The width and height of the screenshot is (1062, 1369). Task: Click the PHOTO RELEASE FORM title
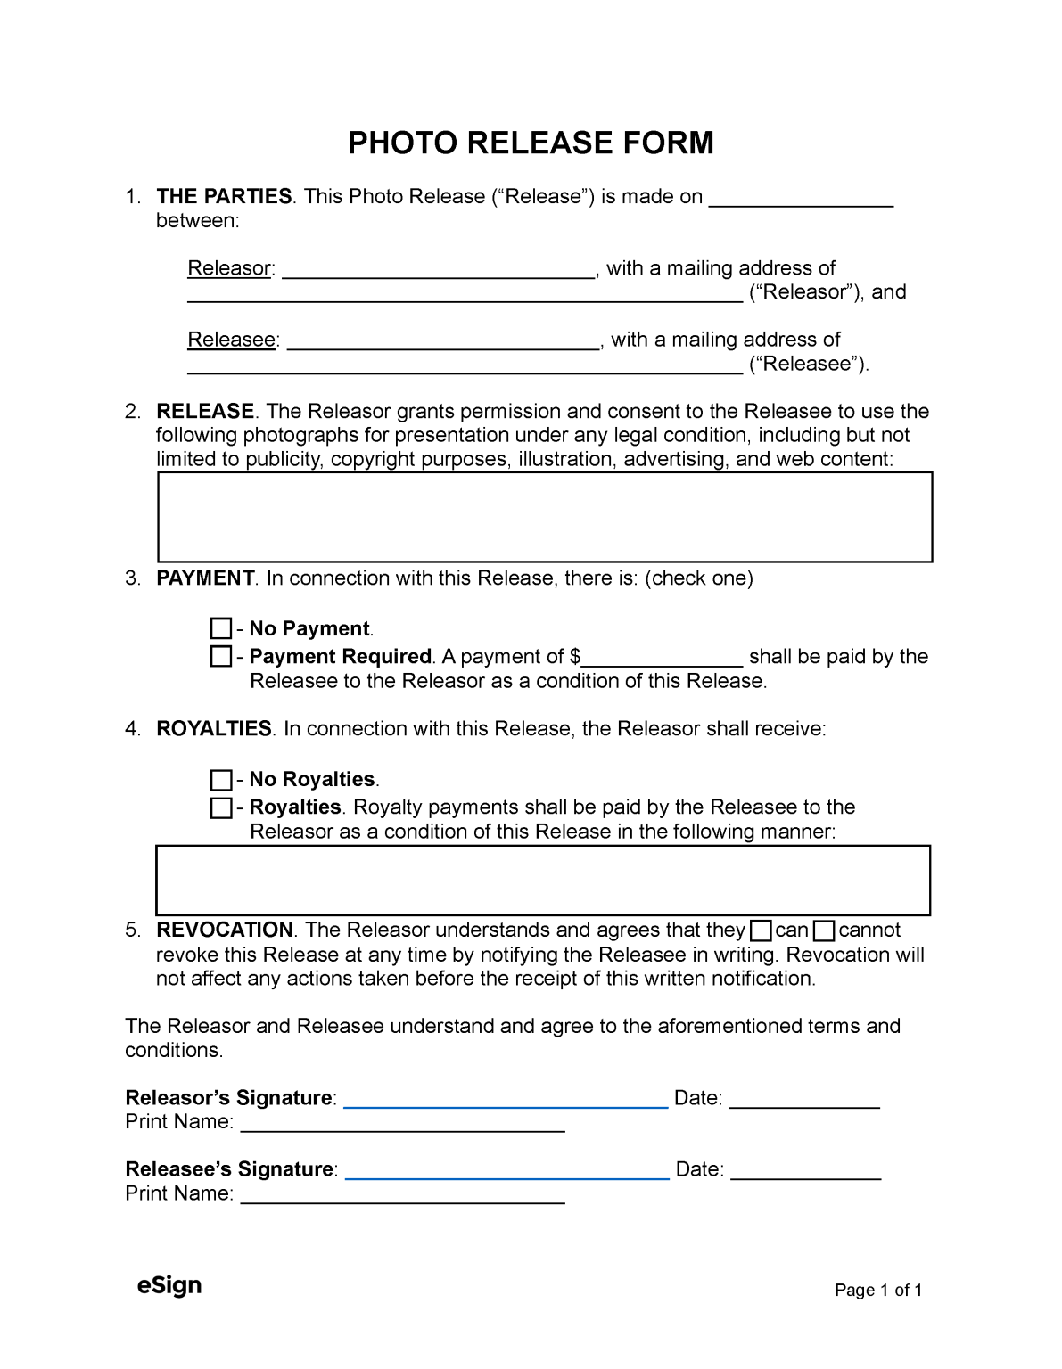pyautogui.click(x=531, y=143)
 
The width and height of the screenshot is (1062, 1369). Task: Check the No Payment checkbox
pyautogui.click(x=220, y=629)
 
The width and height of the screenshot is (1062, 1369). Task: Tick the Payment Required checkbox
pyautogui.click(x=220, y=657)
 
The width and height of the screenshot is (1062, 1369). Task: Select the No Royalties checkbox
pyautogui.click(x=220, y=780)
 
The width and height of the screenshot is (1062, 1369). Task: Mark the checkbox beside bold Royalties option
pyautogui.click(x=220, y=807)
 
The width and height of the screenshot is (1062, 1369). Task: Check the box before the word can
pyautogui.click(x=761, y=931)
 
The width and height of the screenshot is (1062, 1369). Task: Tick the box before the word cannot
pyautogui.click(x=825, y=931)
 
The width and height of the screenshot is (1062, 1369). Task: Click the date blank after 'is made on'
pyautogui.click(x=801, y=200)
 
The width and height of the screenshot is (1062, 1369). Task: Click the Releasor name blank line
pyautogui.click(x=439, y=272)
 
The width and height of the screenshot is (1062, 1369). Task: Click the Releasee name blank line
pyautogui.click(x=444, y=343)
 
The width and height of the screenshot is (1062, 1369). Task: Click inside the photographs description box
pyautogui.click(x=545, y=517)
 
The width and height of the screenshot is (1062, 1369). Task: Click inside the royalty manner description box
pyautogui.click(x=543, y=880)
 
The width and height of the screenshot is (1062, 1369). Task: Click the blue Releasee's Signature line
pyautogui.click(x=506, y=1172)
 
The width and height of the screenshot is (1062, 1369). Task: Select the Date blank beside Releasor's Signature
pyautogui.click(x=805, y=1101)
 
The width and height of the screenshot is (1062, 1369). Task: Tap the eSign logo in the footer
pyautogui.click(x=169, y=1285)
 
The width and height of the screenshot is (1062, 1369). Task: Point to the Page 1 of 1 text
pyautogui.click(x=878, y=1291)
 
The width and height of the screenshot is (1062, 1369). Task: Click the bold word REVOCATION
pyautogui.click(x=225, y=930)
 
